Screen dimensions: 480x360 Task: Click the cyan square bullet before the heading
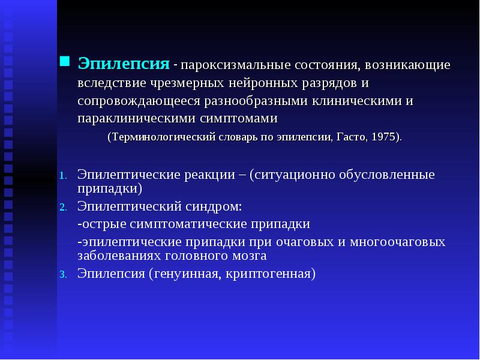tap(64, 61)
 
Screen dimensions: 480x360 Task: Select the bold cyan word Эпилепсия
tap(124, 64)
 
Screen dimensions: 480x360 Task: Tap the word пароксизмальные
tap(235, 65)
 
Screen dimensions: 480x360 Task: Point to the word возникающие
tap(407, 65)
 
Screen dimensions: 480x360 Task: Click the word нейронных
tap(263, 83)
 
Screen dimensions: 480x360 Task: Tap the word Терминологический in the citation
tap(163, 137)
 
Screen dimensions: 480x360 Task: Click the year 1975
tap(383, 137)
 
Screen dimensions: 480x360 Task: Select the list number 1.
tap(63, 176)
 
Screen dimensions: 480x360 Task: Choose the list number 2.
tap(63, 208)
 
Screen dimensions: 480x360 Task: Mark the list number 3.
tap(63, 275)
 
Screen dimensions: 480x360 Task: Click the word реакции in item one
tap(209, 175)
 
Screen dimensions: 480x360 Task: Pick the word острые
tap(104, 224)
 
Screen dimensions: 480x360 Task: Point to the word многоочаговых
tap(398, 242)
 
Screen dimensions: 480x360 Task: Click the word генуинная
tap(188, 274)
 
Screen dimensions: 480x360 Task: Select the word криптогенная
tap(268, 274)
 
